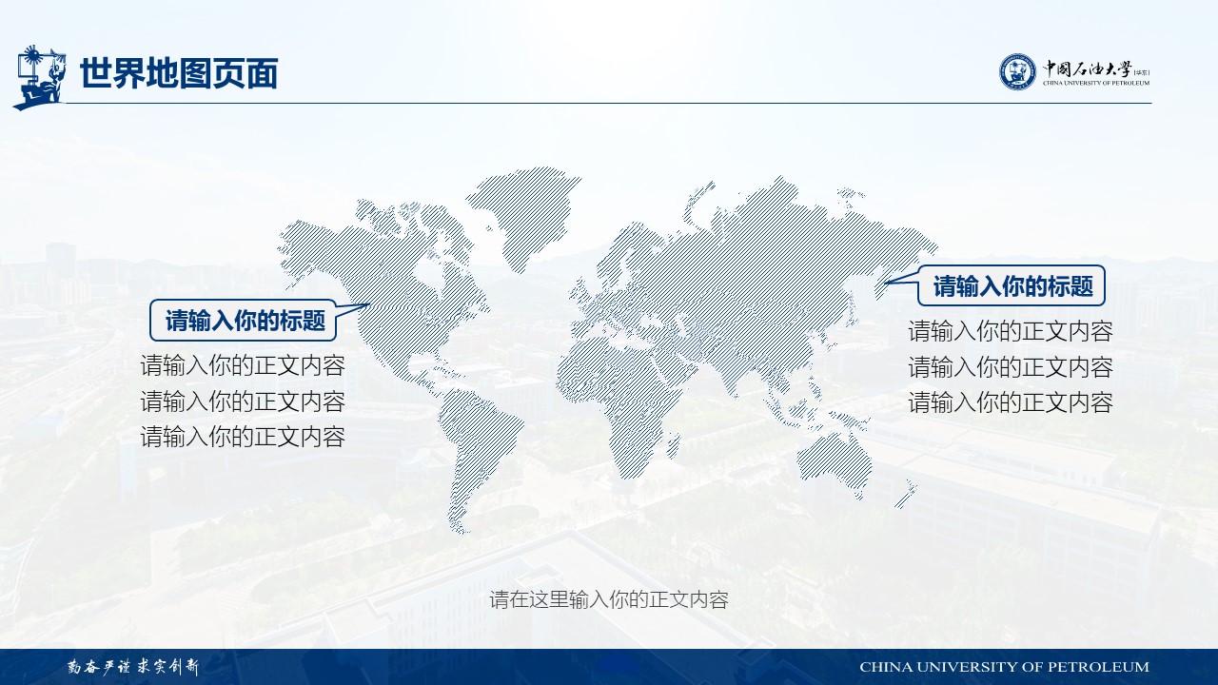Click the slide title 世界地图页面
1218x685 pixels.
[179, 73]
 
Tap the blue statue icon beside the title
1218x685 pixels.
[39, 77]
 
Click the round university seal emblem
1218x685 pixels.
[1017, 71]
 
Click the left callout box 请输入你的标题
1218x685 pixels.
[243, 321]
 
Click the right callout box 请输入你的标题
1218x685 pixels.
[1012, 285]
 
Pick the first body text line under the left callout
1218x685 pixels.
[243, 365]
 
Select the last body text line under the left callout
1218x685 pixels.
[243, 437]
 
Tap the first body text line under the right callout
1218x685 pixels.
[1011, 331]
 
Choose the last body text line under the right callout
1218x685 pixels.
[1011, 402]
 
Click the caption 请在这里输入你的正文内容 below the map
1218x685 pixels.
[609, 599]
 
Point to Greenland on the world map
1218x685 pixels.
[522, 212]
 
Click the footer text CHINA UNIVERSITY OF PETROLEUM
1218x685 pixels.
[1004, 667]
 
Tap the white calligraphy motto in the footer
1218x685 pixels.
[133, 667]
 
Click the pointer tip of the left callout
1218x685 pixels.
[370, 304]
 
